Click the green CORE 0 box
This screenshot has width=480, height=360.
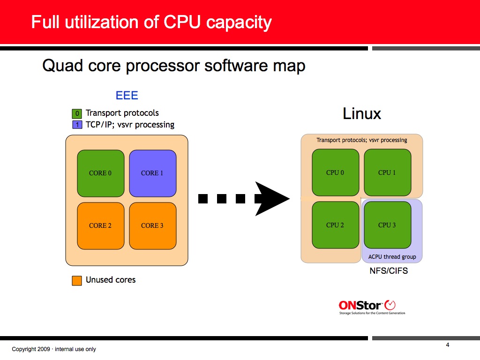coord(100,173)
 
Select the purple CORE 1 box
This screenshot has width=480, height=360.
coord(152,173)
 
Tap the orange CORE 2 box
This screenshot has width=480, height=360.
coord(100,225)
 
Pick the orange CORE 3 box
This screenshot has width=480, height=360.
coord(152,225)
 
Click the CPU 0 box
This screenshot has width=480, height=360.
coord(335,172)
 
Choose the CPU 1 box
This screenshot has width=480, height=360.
coord(387,172)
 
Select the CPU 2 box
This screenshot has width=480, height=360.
coord(335,225)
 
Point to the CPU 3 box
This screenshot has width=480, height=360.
coord(387,225)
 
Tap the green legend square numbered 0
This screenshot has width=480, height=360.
coord(77,113)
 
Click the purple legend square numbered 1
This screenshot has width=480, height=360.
coord(77,125)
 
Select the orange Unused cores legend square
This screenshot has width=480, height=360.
coord(77,280)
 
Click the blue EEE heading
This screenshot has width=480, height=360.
coord(127,96)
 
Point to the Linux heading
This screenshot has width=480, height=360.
coord(362,113)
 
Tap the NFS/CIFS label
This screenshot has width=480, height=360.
coord(389,270)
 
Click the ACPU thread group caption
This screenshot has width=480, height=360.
coord(392,257)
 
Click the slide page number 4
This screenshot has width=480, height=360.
coord(448,345)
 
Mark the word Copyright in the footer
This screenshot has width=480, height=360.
coord(25,349)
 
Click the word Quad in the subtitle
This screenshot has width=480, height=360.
coord(60,66)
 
